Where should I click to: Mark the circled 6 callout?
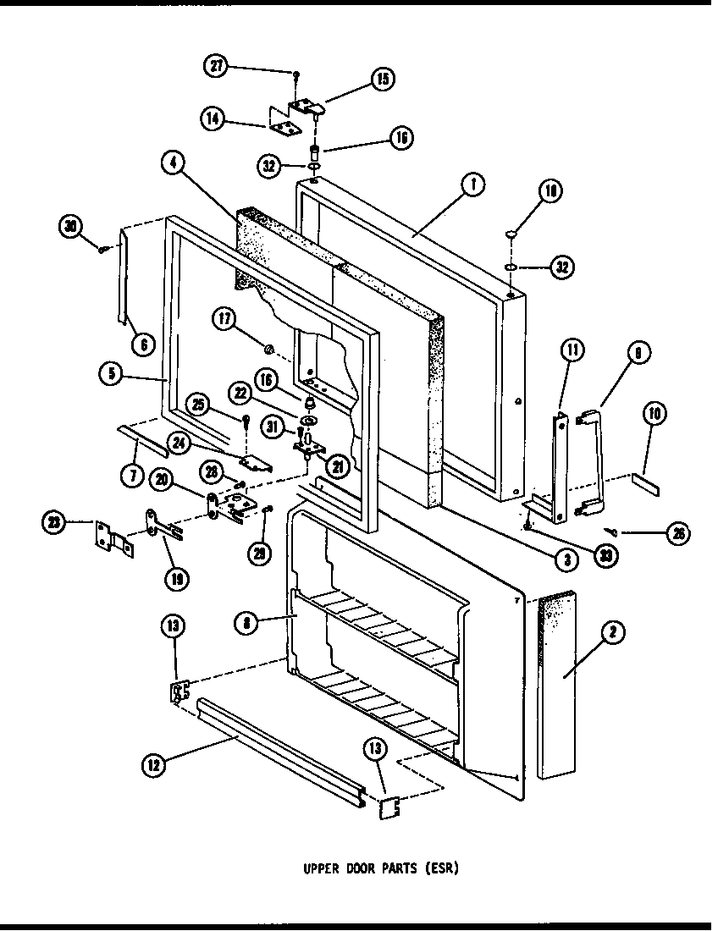pos(143,343)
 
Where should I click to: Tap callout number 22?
pos(240,393)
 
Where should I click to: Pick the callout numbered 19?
pos(177,579)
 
